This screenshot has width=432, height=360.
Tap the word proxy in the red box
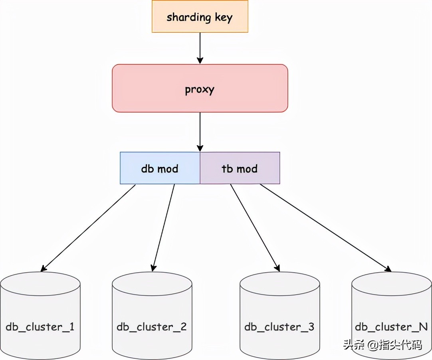(x=200, y=89)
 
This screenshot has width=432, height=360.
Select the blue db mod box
(x=160, y=168)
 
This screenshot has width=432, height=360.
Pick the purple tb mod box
(x=240, y=168)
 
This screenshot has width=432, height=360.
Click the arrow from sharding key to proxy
(x=200, y=48)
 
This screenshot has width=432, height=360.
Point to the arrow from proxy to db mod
(x=200, y=132)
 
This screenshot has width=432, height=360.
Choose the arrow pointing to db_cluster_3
(x=255, y=227)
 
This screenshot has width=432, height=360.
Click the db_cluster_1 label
(x=40, y=327)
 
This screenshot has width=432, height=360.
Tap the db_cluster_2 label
(x=152, y=327)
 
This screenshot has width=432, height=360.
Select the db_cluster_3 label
(x=279, y=327)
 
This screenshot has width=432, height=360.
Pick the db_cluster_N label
(x=391, y=327)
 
